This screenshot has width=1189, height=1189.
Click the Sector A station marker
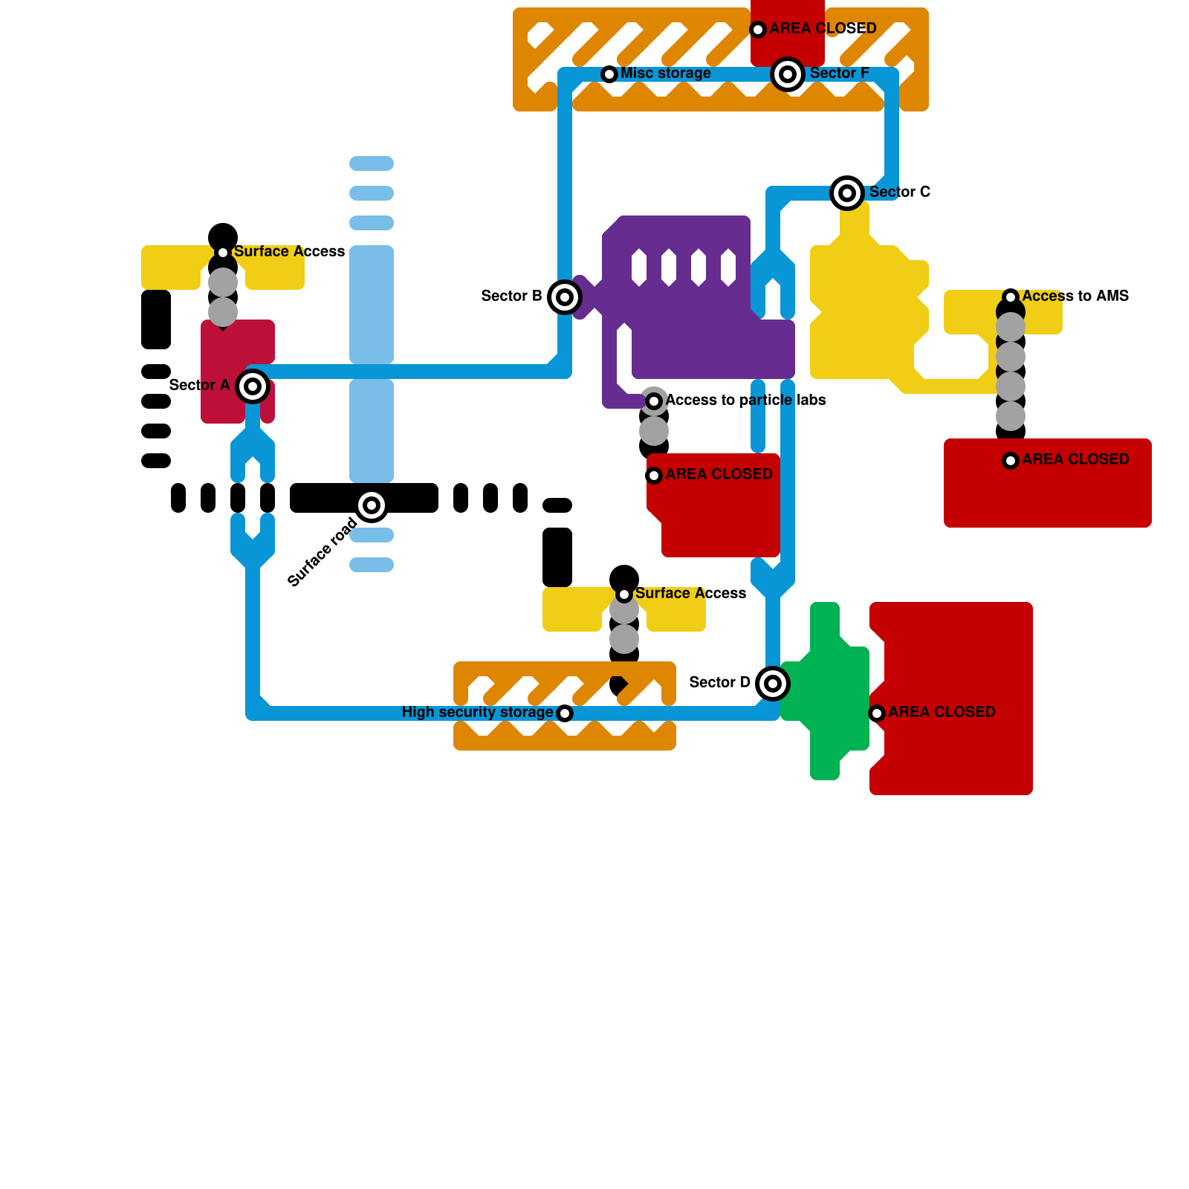253,386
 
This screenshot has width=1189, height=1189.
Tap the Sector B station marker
565,297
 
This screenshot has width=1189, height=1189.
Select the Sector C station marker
847,193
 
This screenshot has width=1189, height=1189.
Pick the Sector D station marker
773,684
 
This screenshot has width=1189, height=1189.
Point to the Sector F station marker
788,74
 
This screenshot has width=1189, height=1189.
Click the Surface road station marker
372,505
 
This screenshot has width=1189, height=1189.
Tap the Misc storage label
666,73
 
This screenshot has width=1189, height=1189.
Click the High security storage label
477,712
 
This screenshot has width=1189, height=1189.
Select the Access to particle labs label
745,400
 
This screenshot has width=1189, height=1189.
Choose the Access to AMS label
1075,296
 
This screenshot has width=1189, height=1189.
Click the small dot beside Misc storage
609,74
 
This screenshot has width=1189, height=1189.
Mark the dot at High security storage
565,713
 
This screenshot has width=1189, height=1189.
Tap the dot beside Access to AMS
1011,297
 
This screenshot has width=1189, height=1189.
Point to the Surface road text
323,552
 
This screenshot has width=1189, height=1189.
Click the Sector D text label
719,682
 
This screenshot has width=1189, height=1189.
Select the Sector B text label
511,296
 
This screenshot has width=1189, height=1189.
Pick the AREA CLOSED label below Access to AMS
1075,459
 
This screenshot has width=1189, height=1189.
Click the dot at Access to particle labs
654,401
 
